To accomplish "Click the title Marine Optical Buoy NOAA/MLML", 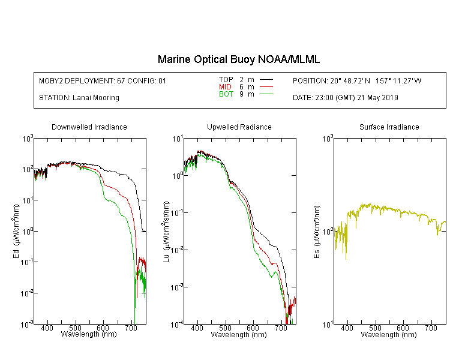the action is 238,59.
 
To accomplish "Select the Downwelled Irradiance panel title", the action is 89,127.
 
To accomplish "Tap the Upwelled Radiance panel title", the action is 239,127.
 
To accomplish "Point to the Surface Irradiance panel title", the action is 389,127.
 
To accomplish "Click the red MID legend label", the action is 225,87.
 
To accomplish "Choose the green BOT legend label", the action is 226,94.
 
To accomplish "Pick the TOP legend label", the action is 226,80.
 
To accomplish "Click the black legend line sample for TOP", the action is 266,80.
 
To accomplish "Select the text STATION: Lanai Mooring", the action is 79,98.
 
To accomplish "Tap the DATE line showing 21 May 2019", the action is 345,98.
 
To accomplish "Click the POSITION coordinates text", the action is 357,80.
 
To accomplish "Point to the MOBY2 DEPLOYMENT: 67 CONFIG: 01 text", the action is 103,80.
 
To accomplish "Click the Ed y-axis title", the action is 16,232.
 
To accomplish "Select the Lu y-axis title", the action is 166,232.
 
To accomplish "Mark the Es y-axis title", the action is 316,232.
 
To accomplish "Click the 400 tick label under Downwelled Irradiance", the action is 47,328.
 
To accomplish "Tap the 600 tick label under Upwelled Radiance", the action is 253,328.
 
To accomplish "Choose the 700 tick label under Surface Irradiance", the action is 431,328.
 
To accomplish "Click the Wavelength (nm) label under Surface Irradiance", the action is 389,335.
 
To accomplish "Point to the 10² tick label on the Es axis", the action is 328,231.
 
